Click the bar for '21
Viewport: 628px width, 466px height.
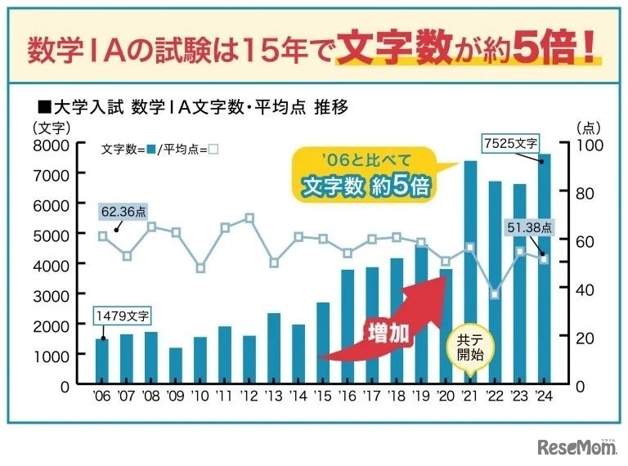coord(470,272)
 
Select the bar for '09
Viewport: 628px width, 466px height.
coord(176,365)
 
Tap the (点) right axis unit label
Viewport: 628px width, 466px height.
coord(589,128)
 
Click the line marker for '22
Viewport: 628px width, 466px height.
coord(495,293)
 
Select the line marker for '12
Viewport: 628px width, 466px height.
coord(249,218)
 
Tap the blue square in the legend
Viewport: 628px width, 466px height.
coord(150,150)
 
